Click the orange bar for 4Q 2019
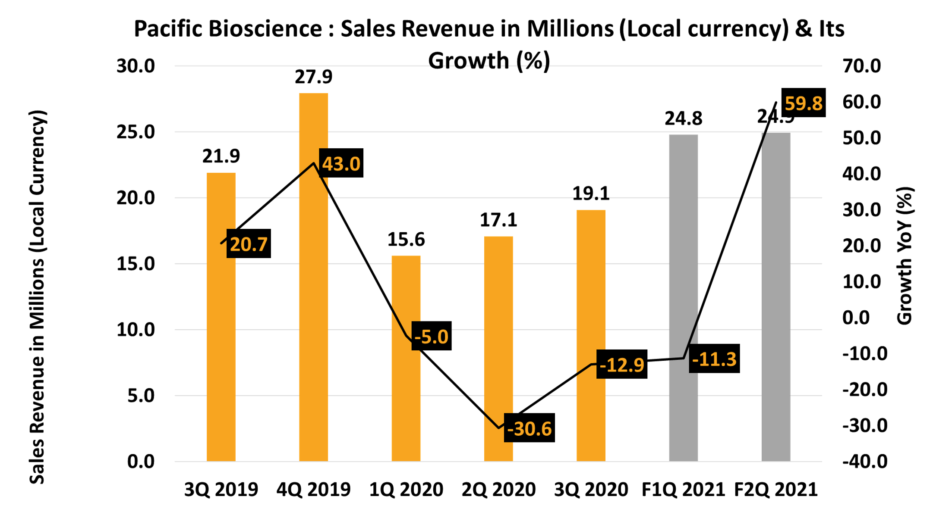click(x=313, y=302)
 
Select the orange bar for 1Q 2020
click(x=406, y=388)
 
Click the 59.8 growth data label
click(x=803, y=103)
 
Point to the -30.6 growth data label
click(x=529, y=428)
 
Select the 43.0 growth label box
click(x=341, y=163)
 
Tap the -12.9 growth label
click(x=621, y=365)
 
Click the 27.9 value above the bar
click(x=313, y=77)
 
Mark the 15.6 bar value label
click(x=406, y=240)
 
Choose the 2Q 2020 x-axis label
click(x=498, y=490)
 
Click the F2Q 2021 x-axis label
click(x=775, y=490)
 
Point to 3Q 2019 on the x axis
click(x=221, y=490)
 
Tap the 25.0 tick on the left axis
click(x=136, y=132)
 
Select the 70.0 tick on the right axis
click(x=861, y=66)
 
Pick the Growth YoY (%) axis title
click(x=905, y=256)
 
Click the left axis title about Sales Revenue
click(x=38, y=297)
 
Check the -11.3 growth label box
click(x=714, y=359)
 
